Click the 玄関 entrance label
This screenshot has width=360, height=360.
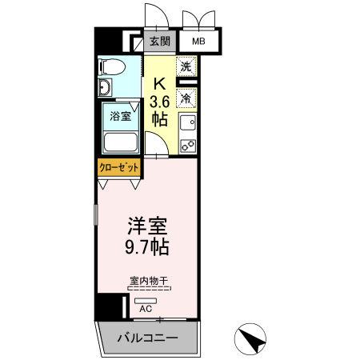[159, 42]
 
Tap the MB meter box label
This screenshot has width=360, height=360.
[197, 42]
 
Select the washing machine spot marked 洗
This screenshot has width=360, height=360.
[186, 67]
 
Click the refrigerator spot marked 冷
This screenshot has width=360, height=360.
[186, 98]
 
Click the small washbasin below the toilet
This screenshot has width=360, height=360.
[104, 87]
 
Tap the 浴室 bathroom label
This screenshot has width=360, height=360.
[120, 115]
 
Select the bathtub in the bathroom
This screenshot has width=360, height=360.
[120, 142]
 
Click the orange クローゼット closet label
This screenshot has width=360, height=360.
[119, 167]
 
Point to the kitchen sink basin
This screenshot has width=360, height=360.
[187, 123]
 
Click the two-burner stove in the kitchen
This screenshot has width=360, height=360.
[187, 145]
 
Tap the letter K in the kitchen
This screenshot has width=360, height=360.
[159, 82]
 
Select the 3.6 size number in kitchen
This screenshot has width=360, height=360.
[159, 101]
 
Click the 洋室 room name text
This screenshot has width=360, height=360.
[145, 225]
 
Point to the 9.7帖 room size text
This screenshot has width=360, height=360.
[145, 246]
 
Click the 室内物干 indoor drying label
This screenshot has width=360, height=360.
[146, 281]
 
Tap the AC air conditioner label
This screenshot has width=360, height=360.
[146, 307]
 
